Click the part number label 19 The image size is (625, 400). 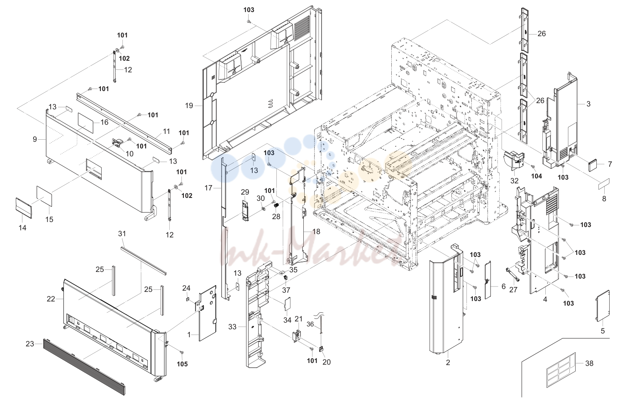coord(189,106)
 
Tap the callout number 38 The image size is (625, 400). coord(589,363)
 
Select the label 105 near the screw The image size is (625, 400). coord(182,364)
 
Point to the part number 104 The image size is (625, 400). coord(536,176)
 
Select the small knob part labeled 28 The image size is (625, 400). coord(277,206)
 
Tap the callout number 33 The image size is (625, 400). coord(232,327)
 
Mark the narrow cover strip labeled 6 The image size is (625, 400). coord(488,280)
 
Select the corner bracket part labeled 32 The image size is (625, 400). coord(514,164)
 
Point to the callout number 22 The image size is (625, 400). coord(51,299)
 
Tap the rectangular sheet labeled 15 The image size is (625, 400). coord(44,196)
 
